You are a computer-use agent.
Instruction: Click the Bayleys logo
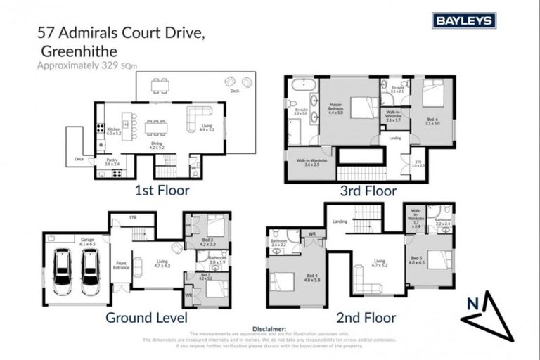tap(463, 20)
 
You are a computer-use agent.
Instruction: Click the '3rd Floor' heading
tap(369, 191)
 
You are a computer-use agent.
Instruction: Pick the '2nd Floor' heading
tap(367, 317)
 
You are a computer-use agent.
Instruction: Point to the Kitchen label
tap(114, 131)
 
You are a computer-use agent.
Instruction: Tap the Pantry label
tap(112, 161)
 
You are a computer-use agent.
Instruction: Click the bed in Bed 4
tap(283, 281)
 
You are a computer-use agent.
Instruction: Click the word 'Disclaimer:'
tap(270, 328)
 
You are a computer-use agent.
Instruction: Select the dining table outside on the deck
tap(160, 85)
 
